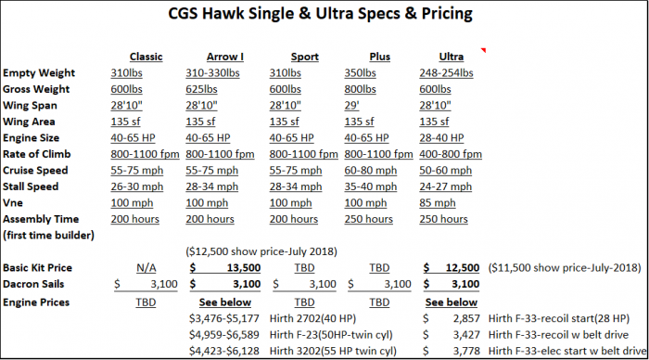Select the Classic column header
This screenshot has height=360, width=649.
pyautogui.click(x=146, y=57)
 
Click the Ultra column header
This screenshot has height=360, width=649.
pyautogui.click(x=439, y=57)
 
